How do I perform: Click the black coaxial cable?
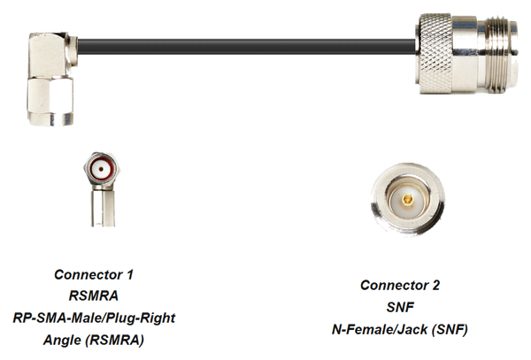pyautogui.click(x=247, y=47)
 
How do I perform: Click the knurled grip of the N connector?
pyautogui.click(x=435, y=54)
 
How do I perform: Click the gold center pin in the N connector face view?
pyautogui.click(x=407, y=200)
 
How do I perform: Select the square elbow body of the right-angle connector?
pyautogui.click(x=50, y=55)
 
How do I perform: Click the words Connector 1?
pyautogui.click(x=94, y=274)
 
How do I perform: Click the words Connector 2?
pyautogui.click(x=400, y=285)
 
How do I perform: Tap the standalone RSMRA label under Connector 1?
pyautogui.click(x=94, y=295)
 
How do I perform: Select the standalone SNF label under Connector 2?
pyautogui.click(x=400, y=307)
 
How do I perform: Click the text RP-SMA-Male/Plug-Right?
pyautogui.click(x=94, y=318)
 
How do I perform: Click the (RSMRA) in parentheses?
pyautogui.click(x=115, y=340)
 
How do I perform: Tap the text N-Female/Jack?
pyautogui.click(x=380, y=329)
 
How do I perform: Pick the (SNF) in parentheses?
pyautogui.click(x=450, y=329)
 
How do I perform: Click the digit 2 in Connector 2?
pyautogui.click(x=435, y=285)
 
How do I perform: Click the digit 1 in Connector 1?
pyautogui.click(x=129, y=274)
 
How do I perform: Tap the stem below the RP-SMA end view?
pyautogui.click(x=103, y=207)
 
